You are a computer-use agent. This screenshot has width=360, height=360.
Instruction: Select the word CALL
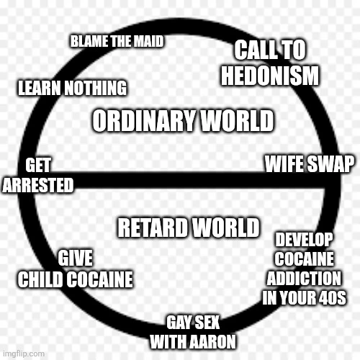pyautogui.click(x=257, y=50)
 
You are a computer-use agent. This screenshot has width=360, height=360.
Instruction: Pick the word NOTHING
pyautogui.click(x=96, y=88)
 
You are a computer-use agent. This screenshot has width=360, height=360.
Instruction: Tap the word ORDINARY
pyautogui.click(x=144, y=120)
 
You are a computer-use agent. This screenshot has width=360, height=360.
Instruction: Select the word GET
pyautogui.click(x=38, y=165)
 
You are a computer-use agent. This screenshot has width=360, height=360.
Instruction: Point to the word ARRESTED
pyautogui.click(x=38, y=185)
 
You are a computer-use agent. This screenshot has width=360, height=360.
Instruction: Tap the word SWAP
pyautogui.click(x=330, y=164)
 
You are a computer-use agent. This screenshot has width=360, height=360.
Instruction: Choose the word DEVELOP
pyautogui.click(x=304, y=240)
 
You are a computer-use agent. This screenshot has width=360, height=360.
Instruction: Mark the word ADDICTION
pyautogui.click(x=304, y=279)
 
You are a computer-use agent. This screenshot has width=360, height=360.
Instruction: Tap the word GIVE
pyautogui.click(x=75, y=258)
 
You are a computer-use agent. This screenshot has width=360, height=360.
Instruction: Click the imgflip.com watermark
pyautogui.click(x=24, y=354)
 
